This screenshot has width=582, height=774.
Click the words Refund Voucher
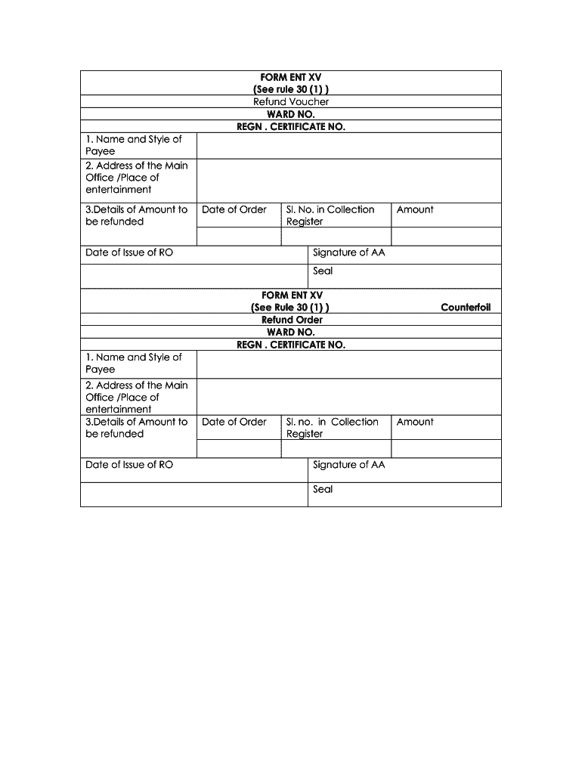coord(291,102)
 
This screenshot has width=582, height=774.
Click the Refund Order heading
coord(291,320)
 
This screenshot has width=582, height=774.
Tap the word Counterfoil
coord(466,308)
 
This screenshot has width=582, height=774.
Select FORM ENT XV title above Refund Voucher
coord(291,77)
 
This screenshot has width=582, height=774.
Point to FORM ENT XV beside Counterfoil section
coord(291,295)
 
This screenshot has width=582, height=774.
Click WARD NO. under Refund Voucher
coord(291,114)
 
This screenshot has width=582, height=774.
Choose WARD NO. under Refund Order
coord(291,332)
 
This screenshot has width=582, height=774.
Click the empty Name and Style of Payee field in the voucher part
coord(348,145)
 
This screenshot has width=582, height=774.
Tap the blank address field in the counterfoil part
coord(348,397)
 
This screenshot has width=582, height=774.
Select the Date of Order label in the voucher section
coord(234,209)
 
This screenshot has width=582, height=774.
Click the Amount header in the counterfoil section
coord(415,422)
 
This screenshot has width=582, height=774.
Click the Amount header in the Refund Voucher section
coord(415,209)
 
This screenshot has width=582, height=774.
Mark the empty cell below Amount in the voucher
coord(446,237)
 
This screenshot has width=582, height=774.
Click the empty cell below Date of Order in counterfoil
coord(239,449)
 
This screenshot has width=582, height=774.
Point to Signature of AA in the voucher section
coord(348,252)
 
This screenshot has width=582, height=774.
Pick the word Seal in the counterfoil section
coord(323,489)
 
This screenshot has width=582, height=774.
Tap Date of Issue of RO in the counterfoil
coord(129,465)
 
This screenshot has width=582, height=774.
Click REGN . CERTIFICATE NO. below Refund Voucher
coord(291,126)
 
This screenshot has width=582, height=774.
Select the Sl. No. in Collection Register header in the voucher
coord(330,215)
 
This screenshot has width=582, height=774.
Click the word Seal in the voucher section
coord(323,271)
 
